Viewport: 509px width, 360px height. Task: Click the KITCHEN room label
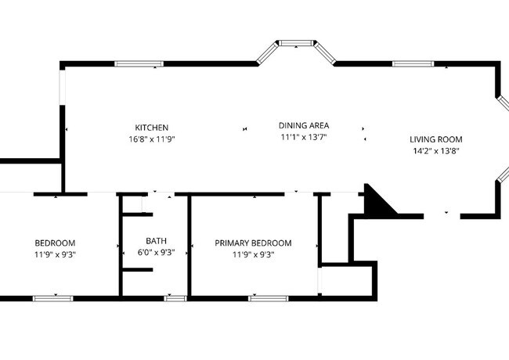click(152, 128)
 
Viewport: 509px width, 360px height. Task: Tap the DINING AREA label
click(304, 125)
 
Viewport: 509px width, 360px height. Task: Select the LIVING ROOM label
click(436, 139)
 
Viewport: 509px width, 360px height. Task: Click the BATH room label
click(156, 241)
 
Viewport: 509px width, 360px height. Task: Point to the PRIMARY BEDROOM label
click(253, 243)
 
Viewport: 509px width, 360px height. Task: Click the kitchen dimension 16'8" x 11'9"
click(152, 139)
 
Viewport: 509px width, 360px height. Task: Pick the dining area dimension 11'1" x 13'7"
click(304, 137)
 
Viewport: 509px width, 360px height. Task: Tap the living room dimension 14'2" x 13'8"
click(436, 151)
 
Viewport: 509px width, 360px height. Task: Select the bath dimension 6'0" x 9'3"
click(156, 252)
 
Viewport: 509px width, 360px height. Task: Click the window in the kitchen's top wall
click(139, 63)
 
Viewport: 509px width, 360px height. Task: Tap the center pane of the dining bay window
click(296, 43)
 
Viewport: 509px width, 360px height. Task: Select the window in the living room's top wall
click(413, 63)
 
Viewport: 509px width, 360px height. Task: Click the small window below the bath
click(175, 298)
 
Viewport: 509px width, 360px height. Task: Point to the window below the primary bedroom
click(268, 298)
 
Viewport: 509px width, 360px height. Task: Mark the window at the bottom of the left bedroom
click(53, 298)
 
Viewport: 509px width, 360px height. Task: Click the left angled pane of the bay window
click(268, 53)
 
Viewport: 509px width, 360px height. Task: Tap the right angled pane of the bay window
click(325, 53)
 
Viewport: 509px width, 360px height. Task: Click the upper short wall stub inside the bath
click(138, 214)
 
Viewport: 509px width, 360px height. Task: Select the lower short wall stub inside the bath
click(138, 269)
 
